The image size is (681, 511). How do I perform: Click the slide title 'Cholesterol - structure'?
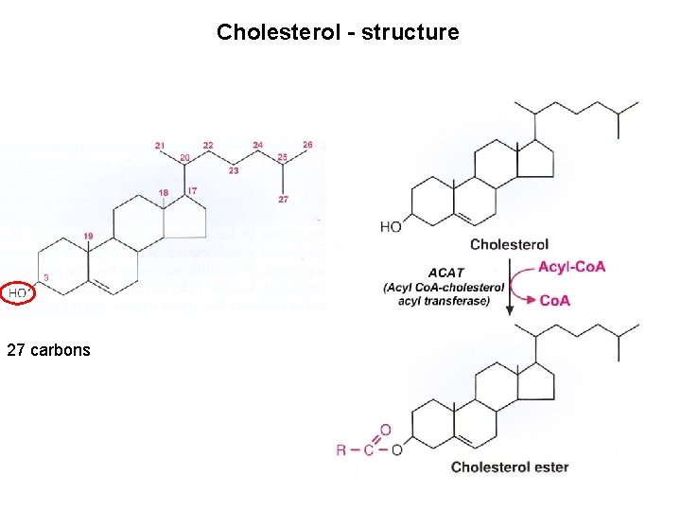pos(338,32)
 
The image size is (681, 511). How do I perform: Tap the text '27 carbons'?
pos(48,349)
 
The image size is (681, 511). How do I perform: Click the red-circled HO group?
pos(18,294)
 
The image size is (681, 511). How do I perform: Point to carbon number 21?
pos(161,145)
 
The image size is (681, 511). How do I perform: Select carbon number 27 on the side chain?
pos(283,200)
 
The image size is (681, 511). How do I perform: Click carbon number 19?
pos(88,235)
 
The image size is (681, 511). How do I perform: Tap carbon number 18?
pos(164,192)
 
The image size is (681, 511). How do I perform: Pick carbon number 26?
pos(307,145)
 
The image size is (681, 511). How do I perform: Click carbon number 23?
pos(233,171)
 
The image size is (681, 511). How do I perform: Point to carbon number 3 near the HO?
pos(45,277)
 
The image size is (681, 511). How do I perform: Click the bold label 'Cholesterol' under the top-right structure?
pos(509,244)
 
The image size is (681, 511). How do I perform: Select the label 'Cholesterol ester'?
pos(510,467)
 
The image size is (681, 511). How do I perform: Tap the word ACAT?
pos(445,272)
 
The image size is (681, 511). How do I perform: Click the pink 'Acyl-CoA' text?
pos(573,267)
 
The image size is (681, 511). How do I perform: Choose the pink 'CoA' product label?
pos(556,301)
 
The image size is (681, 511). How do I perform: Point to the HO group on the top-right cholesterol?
pos(391,225)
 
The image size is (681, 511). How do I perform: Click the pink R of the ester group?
pos(341,449)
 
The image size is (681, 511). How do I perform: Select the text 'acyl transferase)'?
pos(445,302)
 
